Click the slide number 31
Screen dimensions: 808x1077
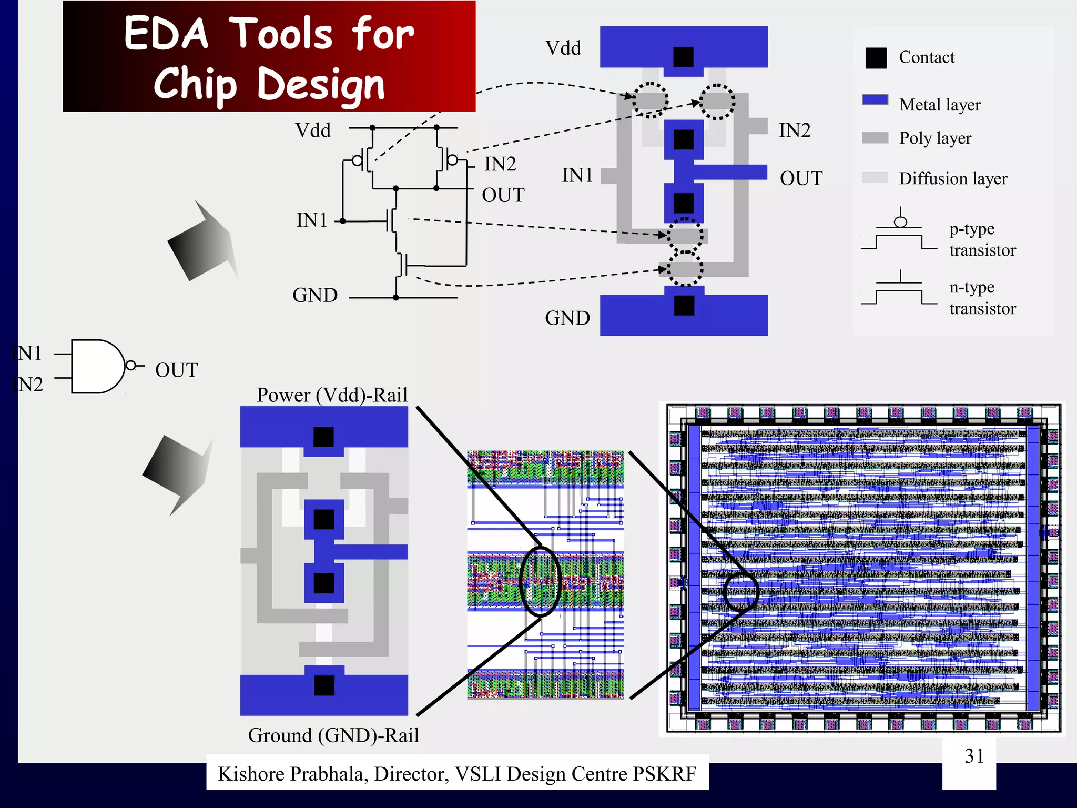coord(974,756)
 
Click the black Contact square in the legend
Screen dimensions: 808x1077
coord(876,58)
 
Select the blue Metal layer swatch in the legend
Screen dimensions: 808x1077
coord(875,100)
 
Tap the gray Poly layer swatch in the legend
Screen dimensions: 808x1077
coord(875,138)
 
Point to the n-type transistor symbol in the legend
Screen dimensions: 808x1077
coord(899,290)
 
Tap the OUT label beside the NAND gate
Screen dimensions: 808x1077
coord(176,370)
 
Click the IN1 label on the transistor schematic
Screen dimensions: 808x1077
coord(312,220)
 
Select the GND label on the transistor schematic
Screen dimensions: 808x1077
coord(315,295)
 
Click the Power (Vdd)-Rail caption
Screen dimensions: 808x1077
coord(332,395)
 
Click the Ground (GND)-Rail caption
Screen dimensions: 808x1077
coord(333,735)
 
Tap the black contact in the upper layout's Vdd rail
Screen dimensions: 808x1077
coord(683,57)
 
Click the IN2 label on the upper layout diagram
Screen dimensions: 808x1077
coord(795,130)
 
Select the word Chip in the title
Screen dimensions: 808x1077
coord(195,84)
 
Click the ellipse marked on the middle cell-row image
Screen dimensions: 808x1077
coord(540,581)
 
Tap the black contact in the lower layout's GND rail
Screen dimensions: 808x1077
coord(324,685)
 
